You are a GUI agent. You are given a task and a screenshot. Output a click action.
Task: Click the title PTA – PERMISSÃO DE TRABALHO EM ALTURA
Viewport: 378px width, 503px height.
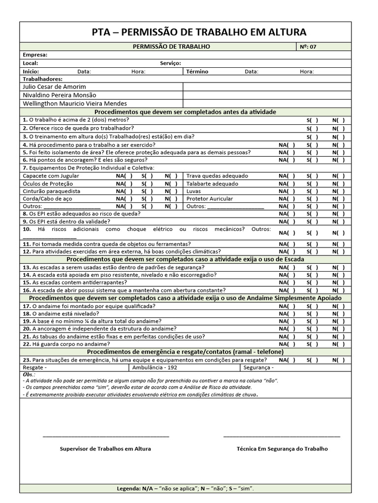pyautogui.click(x=199, y=32)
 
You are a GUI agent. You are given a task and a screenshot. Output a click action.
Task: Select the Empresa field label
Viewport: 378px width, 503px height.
pyautogui.click(x=35, y=55)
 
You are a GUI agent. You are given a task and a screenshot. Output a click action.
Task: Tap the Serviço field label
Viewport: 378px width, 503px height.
pyautogui.click(x=170, y=63)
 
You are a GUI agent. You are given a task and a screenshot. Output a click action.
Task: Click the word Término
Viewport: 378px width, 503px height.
pyautogui.click(x=197, y=72)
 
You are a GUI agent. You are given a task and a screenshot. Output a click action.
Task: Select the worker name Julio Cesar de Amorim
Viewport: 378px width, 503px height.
pyautogui.click(x=51, y=87)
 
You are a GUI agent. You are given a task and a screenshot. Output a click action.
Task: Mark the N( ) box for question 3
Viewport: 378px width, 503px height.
pyautogui.click(x=338, y=137)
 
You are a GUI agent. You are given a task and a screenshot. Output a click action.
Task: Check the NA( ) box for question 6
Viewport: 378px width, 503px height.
pyautogui.click(x=287, y=160)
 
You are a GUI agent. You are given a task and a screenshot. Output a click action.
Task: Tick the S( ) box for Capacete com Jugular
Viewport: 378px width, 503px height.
pyautogui.click(x=147, y=176)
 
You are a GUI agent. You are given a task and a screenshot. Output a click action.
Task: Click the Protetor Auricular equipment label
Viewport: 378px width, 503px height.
pyautogui.click(x=210, y=199)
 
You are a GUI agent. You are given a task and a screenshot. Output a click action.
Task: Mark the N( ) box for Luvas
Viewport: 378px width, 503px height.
pyautogui.click(x=338, y=192)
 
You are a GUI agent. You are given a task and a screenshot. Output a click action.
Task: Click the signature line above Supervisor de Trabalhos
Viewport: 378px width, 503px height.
pyautogui.click(x=106, y=436)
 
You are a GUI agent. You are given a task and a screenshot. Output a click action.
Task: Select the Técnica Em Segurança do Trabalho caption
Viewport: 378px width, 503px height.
pyautogui.click(x=282, y=448)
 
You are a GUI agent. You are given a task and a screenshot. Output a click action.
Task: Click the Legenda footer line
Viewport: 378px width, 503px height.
pyautogui.click(x=186, y=489)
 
